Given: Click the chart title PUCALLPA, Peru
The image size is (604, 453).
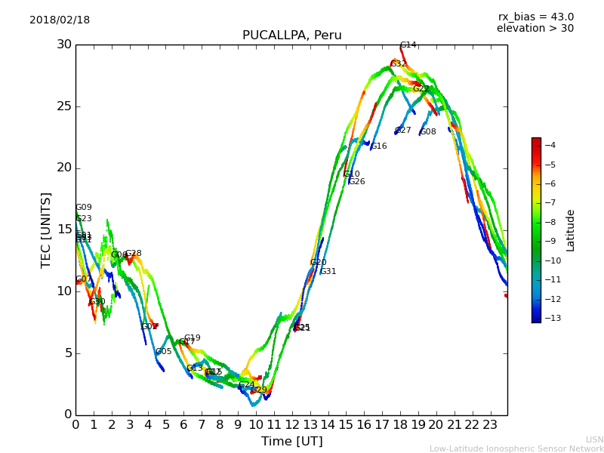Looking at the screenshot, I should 291,35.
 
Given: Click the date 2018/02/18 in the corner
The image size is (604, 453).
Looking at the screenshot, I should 60,20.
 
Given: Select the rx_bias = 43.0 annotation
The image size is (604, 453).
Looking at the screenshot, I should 535,17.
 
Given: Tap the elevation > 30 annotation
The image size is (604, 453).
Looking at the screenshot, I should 535,29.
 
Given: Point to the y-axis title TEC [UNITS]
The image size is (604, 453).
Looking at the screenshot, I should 46,230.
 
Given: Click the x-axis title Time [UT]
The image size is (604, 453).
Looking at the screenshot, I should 291,441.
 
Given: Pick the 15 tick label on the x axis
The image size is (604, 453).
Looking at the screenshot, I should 346,424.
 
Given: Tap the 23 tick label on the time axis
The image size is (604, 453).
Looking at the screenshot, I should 490,424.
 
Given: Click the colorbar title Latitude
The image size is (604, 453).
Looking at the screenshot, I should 571,230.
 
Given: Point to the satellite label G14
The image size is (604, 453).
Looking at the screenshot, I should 408,45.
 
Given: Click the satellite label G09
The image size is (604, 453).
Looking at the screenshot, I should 83,208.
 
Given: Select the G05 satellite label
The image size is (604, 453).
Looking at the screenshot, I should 163,352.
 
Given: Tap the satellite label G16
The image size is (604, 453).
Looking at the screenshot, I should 378,146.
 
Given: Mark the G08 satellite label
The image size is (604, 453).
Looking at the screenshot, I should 428,132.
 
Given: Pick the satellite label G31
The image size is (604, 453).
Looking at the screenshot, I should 328,272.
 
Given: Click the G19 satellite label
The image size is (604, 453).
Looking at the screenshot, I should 192,338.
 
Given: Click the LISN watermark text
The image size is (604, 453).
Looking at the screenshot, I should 594,439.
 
